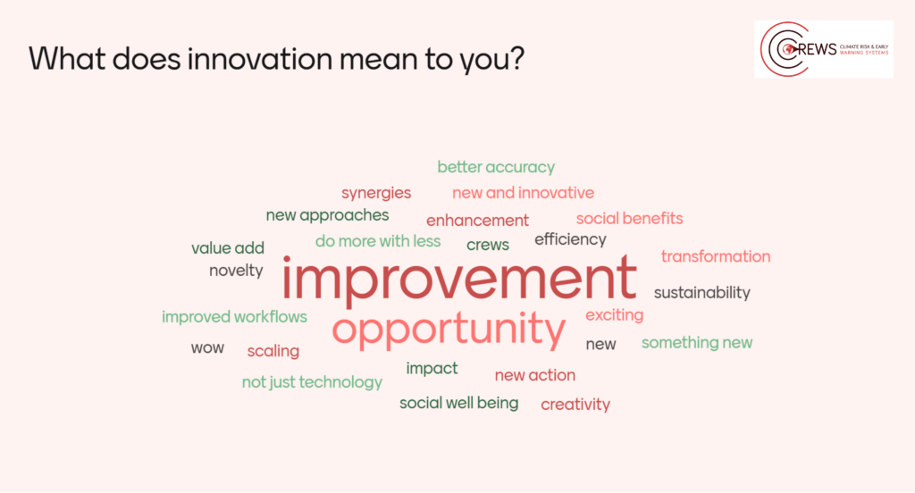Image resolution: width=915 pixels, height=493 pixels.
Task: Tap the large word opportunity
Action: click(449, 330)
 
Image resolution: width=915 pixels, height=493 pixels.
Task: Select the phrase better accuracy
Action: click(496, 167)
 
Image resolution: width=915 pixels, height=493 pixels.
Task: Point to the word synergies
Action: click(376, 193)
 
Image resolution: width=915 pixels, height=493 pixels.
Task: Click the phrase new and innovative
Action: click(523, 193)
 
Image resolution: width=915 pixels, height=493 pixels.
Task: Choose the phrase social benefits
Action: click(629, 218)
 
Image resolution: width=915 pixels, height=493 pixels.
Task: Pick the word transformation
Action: click(716, 256)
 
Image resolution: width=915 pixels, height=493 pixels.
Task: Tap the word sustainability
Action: click(702, 292)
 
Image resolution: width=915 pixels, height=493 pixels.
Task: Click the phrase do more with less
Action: click(378, 241)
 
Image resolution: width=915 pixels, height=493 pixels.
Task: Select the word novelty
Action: click(236, 271)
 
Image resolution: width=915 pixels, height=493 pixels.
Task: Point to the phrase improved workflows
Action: click(234, 317)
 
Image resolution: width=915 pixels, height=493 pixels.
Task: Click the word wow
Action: click(207, 348)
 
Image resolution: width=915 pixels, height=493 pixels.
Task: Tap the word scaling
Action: click(273, 351)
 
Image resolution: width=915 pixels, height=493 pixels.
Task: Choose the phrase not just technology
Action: click(312, 382)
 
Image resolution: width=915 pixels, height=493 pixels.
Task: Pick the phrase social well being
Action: click(458, 403)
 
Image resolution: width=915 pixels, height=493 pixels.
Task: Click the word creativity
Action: click(575, 405)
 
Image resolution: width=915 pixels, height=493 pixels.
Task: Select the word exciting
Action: click(615, 315)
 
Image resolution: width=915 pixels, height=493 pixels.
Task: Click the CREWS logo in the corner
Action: click(823, 49)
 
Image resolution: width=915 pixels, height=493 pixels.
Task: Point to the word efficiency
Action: click(570, 239)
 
